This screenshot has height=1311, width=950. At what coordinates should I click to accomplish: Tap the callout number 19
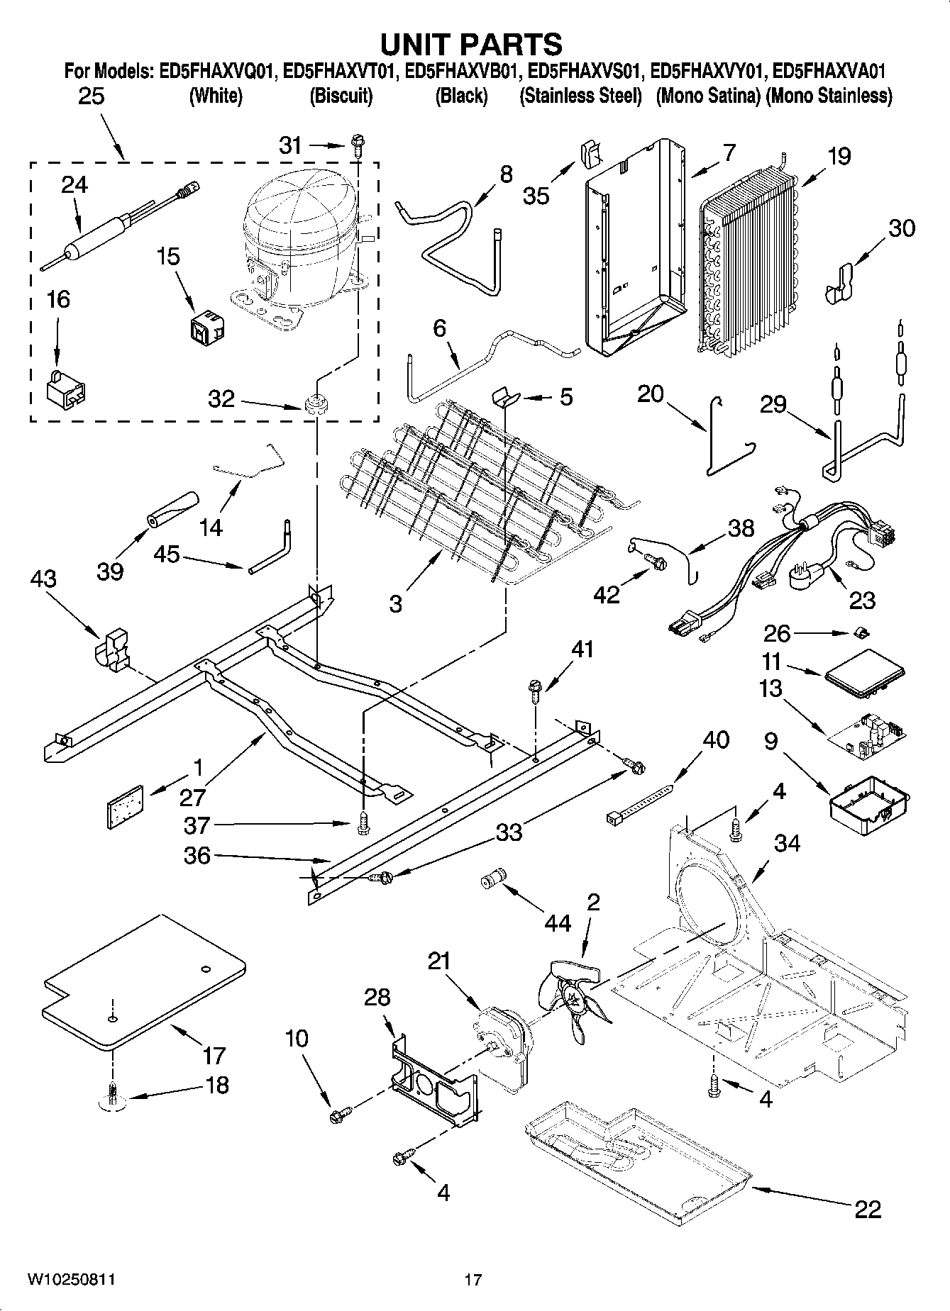(x=839, y=156)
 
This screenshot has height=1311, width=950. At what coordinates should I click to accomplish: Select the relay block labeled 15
(x=207, y=325)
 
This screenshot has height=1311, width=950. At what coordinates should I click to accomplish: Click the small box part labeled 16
(x=67, y=390)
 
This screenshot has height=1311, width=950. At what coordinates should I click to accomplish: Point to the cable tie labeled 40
(x=639, y=802)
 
